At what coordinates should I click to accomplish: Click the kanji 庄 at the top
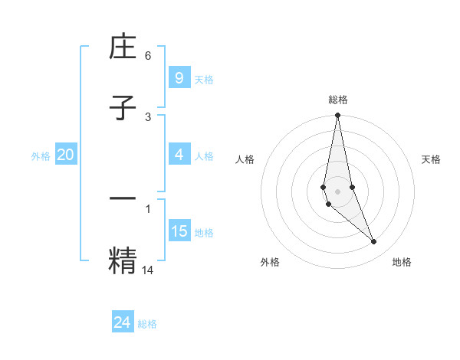123,49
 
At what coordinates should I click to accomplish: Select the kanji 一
123,198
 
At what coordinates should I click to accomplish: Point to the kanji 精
123,260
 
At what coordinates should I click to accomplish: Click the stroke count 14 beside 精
148,269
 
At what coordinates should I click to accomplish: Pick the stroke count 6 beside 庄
148,56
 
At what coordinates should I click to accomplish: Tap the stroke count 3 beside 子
148,116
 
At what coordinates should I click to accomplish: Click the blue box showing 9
179,77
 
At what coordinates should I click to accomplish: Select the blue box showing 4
179,155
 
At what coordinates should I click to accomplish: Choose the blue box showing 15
179,231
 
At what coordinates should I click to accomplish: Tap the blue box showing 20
66,155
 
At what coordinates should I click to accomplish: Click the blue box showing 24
123,322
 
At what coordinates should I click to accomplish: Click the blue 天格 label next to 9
204,79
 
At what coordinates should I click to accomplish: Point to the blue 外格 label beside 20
41,156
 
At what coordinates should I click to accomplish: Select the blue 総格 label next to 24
147,324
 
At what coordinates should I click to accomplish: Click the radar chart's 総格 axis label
337,100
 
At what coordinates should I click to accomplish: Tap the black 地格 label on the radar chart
402,262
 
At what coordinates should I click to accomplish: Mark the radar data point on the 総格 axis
337,116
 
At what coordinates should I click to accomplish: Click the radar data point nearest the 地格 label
374,242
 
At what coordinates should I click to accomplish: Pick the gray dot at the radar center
337,191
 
